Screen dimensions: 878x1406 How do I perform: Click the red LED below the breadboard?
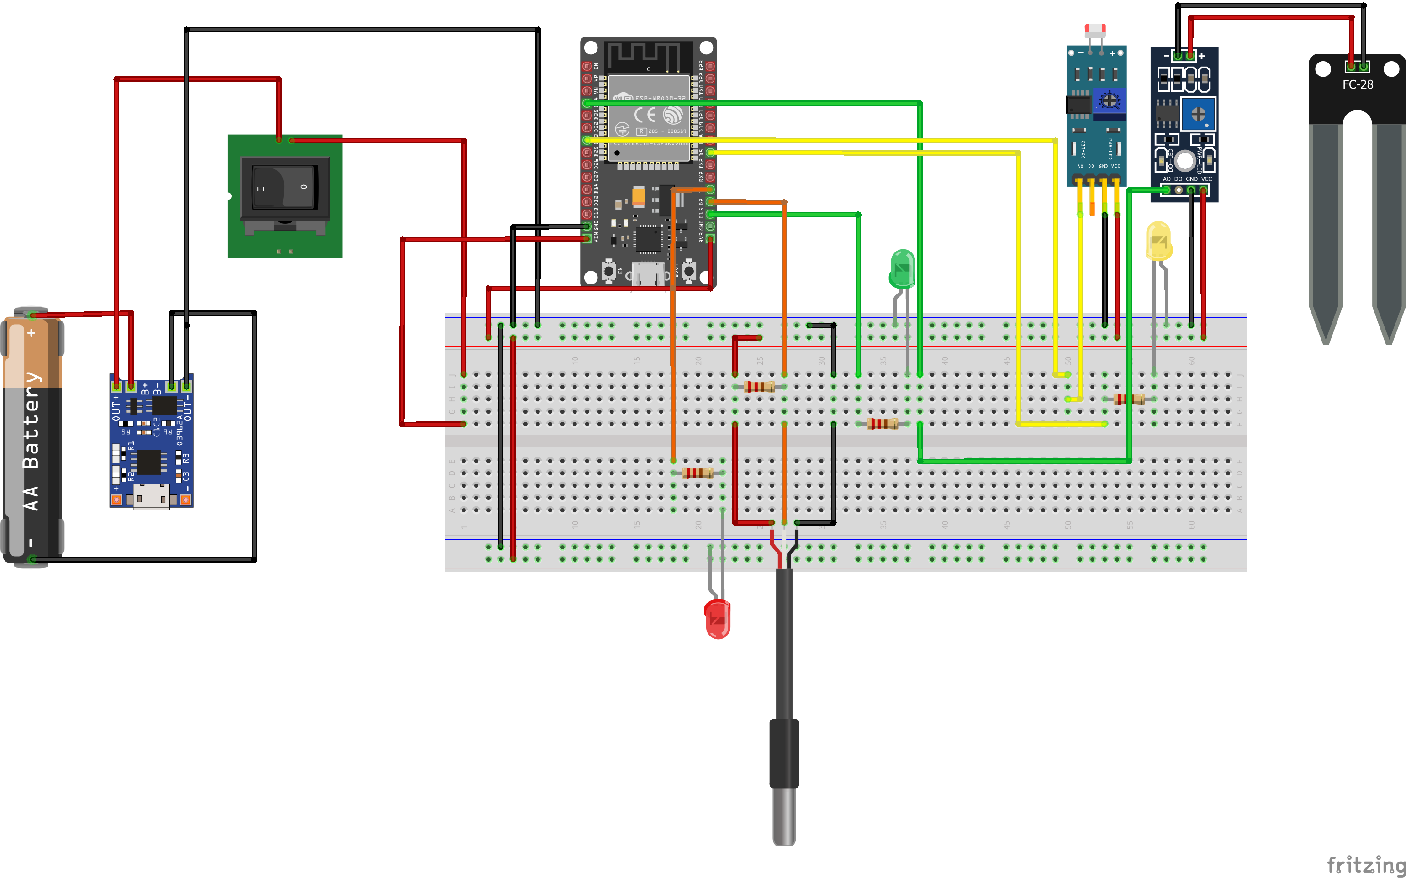[x=718, y=619]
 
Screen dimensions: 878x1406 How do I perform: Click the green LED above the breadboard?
[x=902, y=269]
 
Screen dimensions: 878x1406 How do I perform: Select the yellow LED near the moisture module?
[x=1158, y=241]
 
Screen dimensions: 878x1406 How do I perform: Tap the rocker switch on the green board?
[x=285, y=187]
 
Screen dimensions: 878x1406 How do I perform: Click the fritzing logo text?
[x=1365, y=864]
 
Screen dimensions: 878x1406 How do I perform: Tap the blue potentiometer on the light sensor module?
[x=1109, y=101]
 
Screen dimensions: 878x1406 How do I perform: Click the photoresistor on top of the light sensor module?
[x=1095, y=29]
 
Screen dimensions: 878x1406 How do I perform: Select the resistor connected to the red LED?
[x=697, y=473]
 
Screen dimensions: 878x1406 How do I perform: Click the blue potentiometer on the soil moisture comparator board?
[x=1198, y=114]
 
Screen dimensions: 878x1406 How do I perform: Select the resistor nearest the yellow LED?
[x=1129, y=399]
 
